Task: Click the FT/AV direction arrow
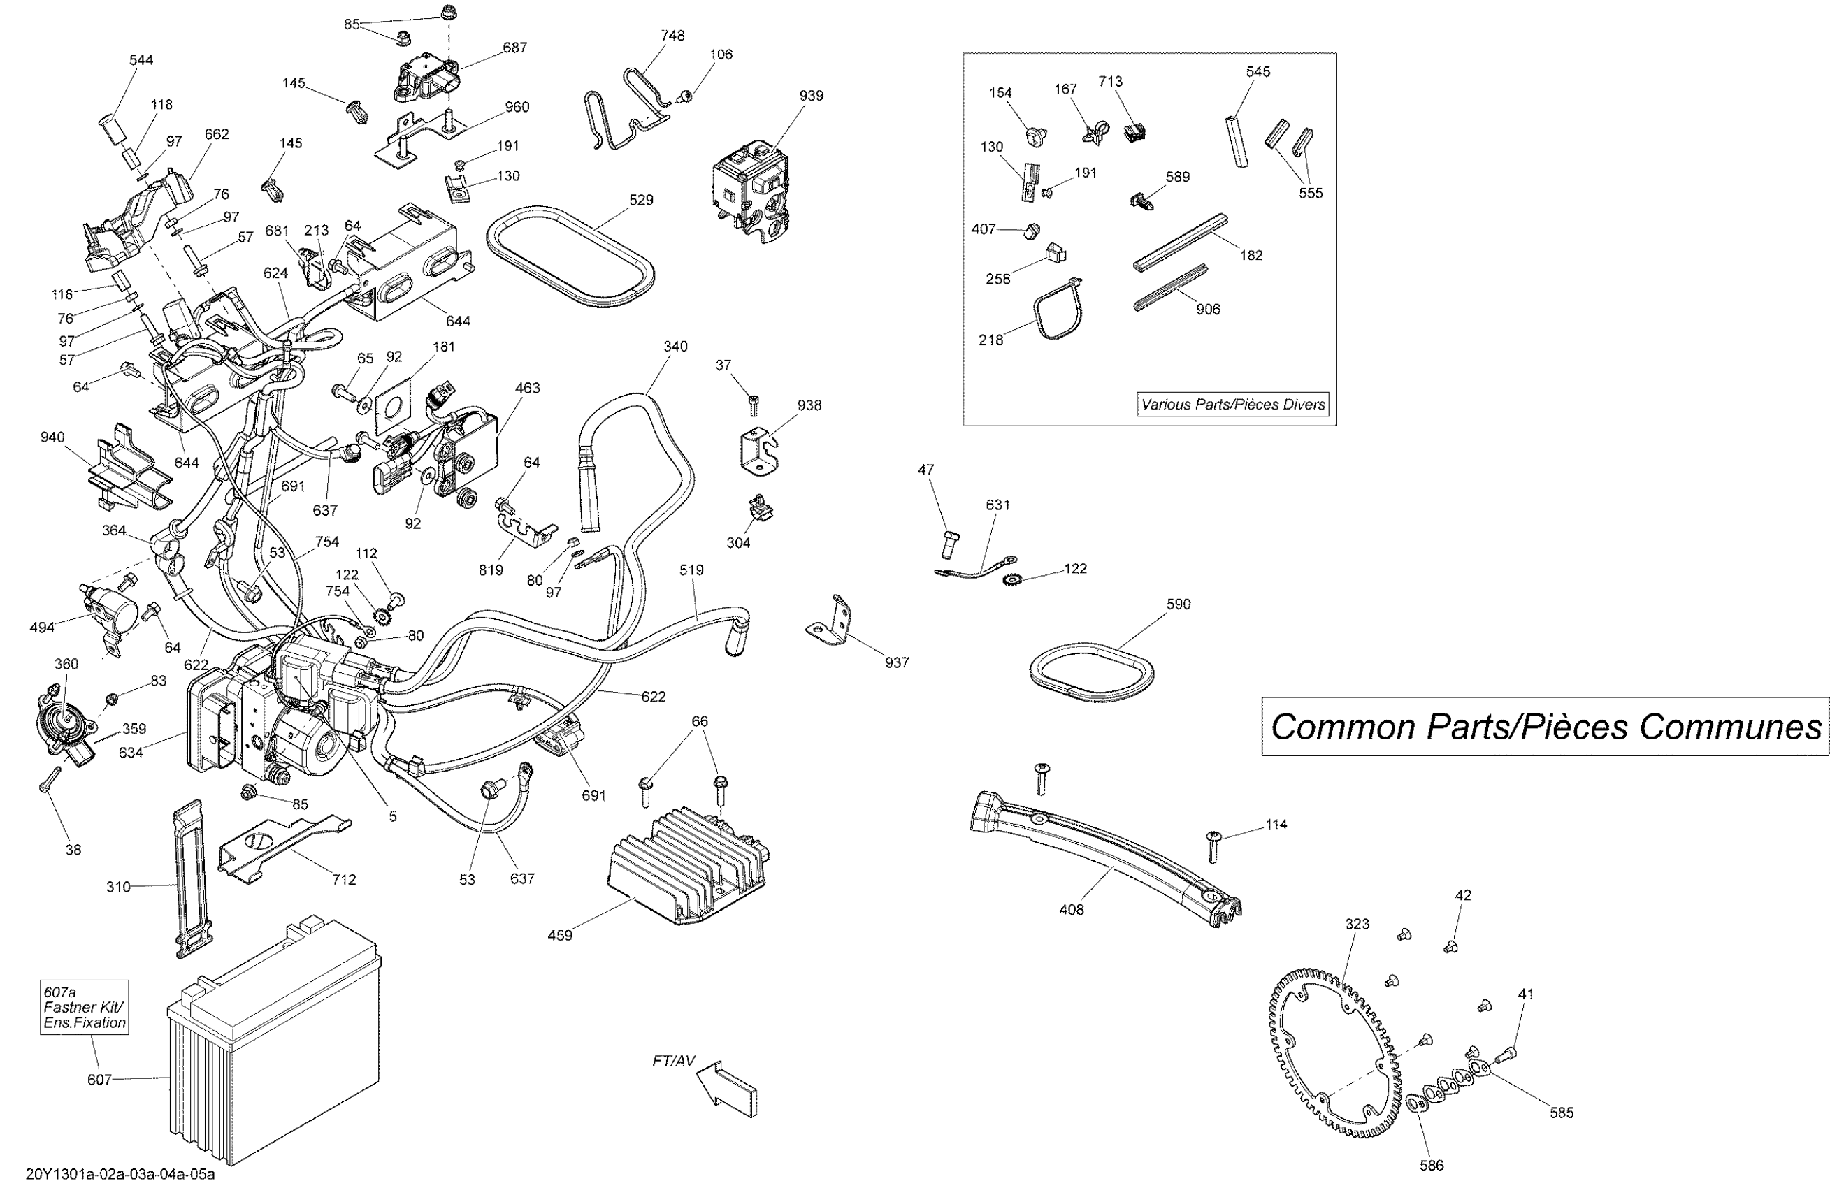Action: (x=727, y=1089)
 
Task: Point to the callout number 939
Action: (x=811, y=95)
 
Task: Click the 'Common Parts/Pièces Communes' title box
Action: (x=1546, y=727)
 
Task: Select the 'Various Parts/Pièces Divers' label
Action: (x=1233, y=405)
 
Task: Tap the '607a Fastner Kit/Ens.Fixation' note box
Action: (x=85, y=1007)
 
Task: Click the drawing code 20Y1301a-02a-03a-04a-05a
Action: (x=120, y=1174)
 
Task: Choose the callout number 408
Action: (x=1071, y=910)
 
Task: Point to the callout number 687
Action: (x=514, y=48)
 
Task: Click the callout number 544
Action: (x=141, y=60)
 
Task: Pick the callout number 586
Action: (x=1432, y=1165)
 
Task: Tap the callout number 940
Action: (x=52, y=437)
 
